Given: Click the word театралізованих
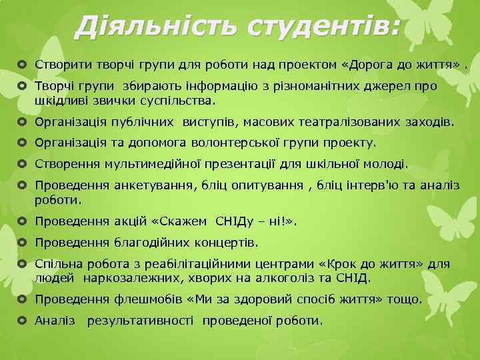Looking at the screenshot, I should tap(351, 122).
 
